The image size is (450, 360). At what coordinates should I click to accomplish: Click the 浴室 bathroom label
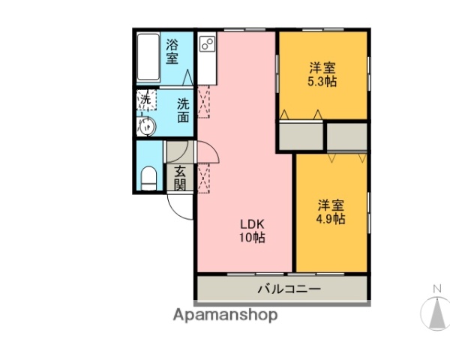(x=172, y=50)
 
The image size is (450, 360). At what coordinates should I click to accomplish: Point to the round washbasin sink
(x=147, y=126)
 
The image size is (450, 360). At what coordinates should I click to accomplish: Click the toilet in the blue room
(x=148, y=178)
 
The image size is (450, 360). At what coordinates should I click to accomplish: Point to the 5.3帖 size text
(x=322, y=80)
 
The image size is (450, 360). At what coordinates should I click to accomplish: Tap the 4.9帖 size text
(x=330, y=219)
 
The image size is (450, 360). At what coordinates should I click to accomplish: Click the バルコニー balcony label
(x=289, y=288)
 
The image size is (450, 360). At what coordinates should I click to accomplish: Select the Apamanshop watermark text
(x=224, y=315)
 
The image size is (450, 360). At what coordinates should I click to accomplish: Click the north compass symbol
(x=436, y=313)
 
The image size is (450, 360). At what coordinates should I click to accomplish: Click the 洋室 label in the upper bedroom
(x=322, y=66)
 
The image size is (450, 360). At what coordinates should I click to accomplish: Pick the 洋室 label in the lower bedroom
(x=330, y=205)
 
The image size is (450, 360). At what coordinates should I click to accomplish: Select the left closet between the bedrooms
(x=301, y=135)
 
